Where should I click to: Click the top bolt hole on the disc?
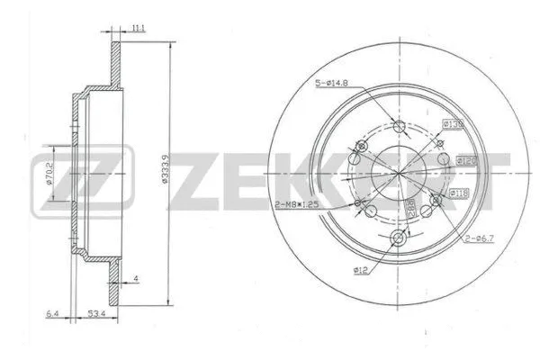[x=400, y=127]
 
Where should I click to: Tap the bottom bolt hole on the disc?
[x=400, y=238]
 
